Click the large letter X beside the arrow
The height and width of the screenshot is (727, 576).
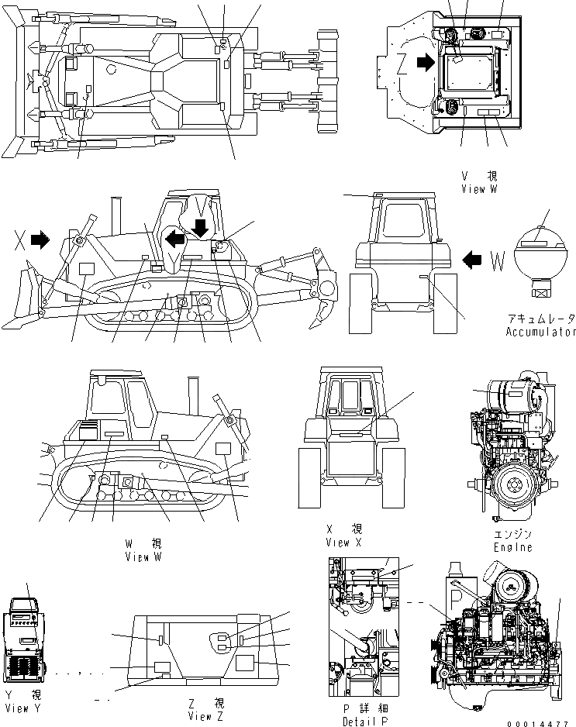coord(19,241)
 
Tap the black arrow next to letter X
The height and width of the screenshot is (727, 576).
coord(40,241)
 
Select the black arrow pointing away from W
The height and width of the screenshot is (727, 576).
coord(471,261)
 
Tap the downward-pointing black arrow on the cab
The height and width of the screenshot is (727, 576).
coord(200,227)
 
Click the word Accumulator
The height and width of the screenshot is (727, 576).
coord(541,332)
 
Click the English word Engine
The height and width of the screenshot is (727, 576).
coord(513,547)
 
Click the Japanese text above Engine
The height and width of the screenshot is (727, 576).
coord(513,535)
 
